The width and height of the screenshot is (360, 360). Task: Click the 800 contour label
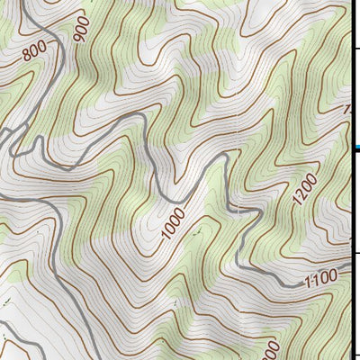[x=34, y=53]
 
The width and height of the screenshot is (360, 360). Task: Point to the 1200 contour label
[x=305, y=190]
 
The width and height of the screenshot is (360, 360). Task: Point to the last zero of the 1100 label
[x=331, y=275]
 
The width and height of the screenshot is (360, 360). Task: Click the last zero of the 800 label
[x=41, y=47]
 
